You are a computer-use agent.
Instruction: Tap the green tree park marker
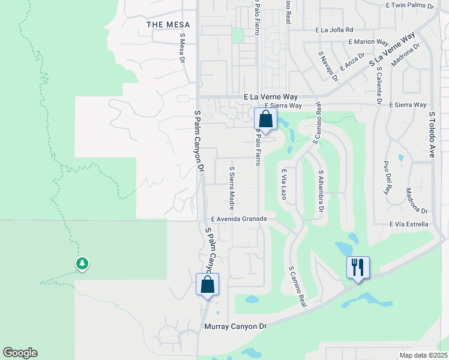click(82, 263)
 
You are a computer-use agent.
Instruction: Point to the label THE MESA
click(168, 25)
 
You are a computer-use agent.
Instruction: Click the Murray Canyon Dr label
click(235, 326)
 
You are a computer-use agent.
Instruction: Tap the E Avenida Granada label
click(238, 219)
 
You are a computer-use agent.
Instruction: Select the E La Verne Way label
click(271, 96)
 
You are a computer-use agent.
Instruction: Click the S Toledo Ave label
click(431, 134)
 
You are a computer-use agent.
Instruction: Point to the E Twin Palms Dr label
click(410, 5)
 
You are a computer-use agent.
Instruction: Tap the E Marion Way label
click(369, 42)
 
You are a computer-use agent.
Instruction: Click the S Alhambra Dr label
click(321, 191)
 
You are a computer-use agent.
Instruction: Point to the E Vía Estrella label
click(409, 224)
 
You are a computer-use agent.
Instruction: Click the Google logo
click(20, 353)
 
